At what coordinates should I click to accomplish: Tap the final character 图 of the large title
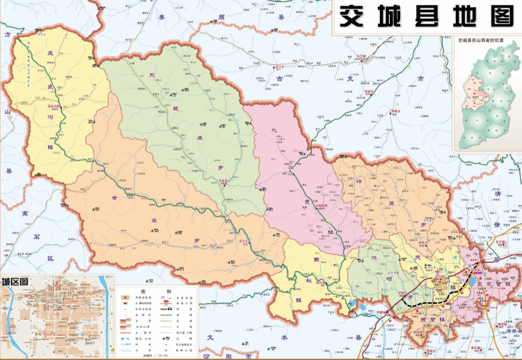tap(500, 16)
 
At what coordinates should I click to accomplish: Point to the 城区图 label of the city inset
tap(15, 281)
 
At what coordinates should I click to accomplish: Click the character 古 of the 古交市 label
tap(281, 79)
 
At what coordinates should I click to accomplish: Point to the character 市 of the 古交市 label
tap(420, 79)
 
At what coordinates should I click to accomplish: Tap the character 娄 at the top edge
tap(163, 16)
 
